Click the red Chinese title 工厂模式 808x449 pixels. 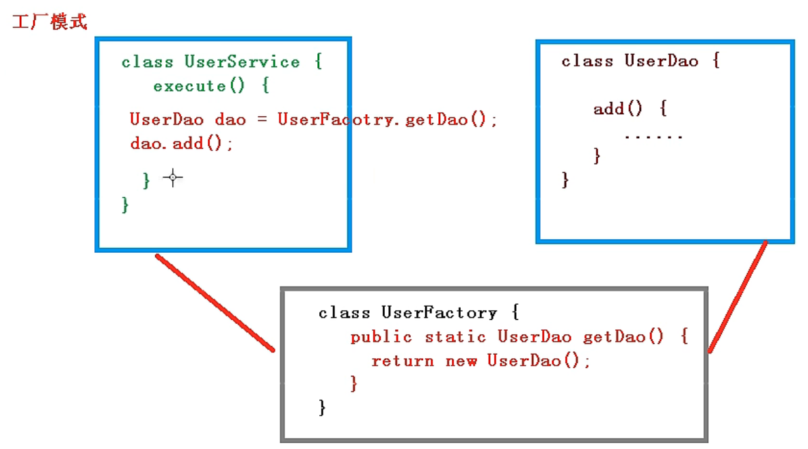(x=50, y=22)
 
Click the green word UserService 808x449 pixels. (x=242, y=62)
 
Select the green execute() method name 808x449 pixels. (x=189, y=86)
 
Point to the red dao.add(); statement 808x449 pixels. (x=182, y=144)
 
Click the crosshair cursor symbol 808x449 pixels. (x=173, y=178)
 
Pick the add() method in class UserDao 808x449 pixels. (x=618, y=109)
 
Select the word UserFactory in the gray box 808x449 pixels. (x=439, y=313)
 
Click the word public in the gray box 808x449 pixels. (x=381, y=337)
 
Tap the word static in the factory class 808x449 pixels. (x=455, y=337)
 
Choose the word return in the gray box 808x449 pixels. (x=403, y=361)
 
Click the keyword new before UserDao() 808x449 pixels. (x=461, y=361)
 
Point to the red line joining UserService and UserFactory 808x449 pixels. (x=215, y=302)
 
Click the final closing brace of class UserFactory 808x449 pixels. (x=323, y=408)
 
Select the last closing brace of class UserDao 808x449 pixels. (x=565, y=180)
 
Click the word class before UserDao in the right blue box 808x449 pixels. (x=587, y=62)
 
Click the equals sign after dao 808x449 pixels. (x=260, y=120)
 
